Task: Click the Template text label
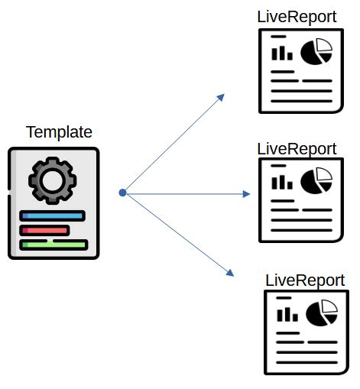pos(59,131)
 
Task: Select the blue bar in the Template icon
pos(53,216)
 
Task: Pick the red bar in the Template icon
pos(45,230)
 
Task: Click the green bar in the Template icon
pos(54,245)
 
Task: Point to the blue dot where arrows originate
pos(122,193)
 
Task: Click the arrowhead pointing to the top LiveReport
pos(220,97)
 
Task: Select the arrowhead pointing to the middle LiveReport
pos(245,194)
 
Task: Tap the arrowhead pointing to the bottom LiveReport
pos(229,273)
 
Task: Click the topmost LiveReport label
pos(297,16)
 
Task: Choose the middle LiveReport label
pos(297,147)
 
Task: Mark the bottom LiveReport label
pos(305,280)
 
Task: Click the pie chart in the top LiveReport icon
pos(316,52)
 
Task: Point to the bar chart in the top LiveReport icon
pos(282,52)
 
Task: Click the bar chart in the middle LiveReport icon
pos(283,183)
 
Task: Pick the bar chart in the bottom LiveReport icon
pos(288,313)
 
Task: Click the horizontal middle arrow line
pos(183,194)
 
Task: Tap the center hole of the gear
pos(53,180)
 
